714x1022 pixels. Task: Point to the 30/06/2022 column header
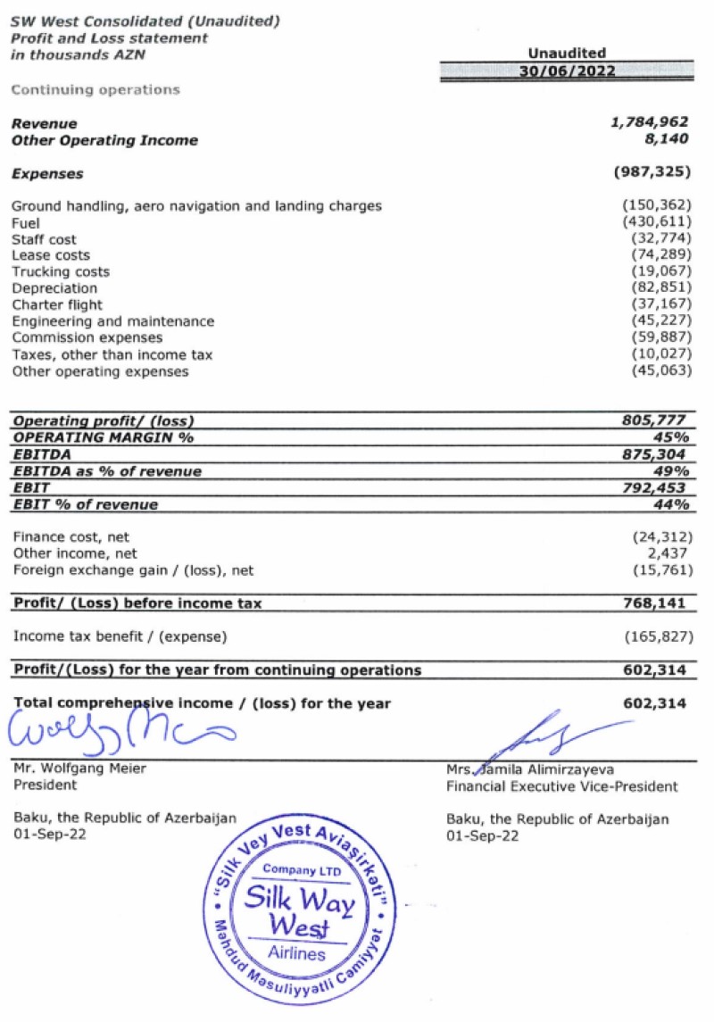pyautogui.click(x=567, y=72)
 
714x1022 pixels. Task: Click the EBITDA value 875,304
pyautogui.click(x=656, y=453)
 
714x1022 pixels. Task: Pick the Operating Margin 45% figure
pyautogui.click(x=673, y=436)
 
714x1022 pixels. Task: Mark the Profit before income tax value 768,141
pyautogui.click(x=656, y=603)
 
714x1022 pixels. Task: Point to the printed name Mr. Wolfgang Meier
pyautogui.click(x=79, y=769)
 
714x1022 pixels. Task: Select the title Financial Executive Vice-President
pyautogui.click(x=562, y=786)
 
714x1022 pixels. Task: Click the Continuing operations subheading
pyautogui.click(x=95, y=89)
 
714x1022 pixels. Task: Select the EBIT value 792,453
pyautogui.click(x=656, y=487)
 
